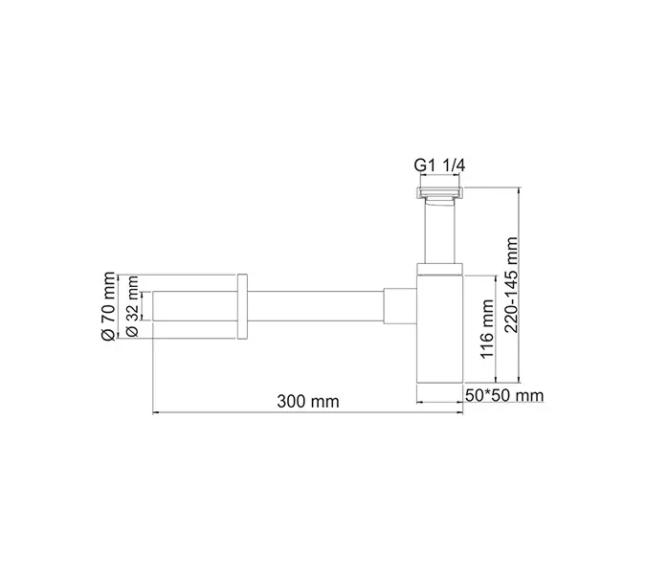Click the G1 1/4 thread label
click(x=439, y=166)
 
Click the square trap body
click(x=440, y=340)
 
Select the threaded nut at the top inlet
click(x=439, y=193)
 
